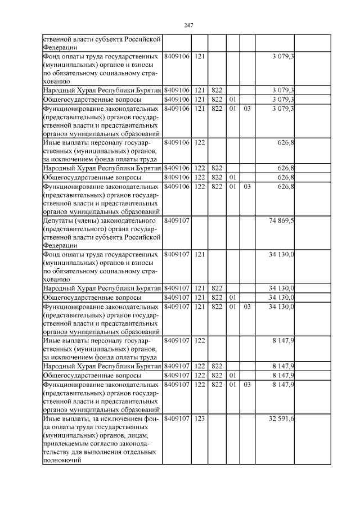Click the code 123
(x=199, y=418)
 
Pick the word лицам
(x=137, y=435)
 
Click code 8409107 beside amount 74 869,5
(x=177, y=220)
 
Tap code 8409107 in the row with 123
(x=177, y=418)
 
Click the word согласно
(x=112, y=443)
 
